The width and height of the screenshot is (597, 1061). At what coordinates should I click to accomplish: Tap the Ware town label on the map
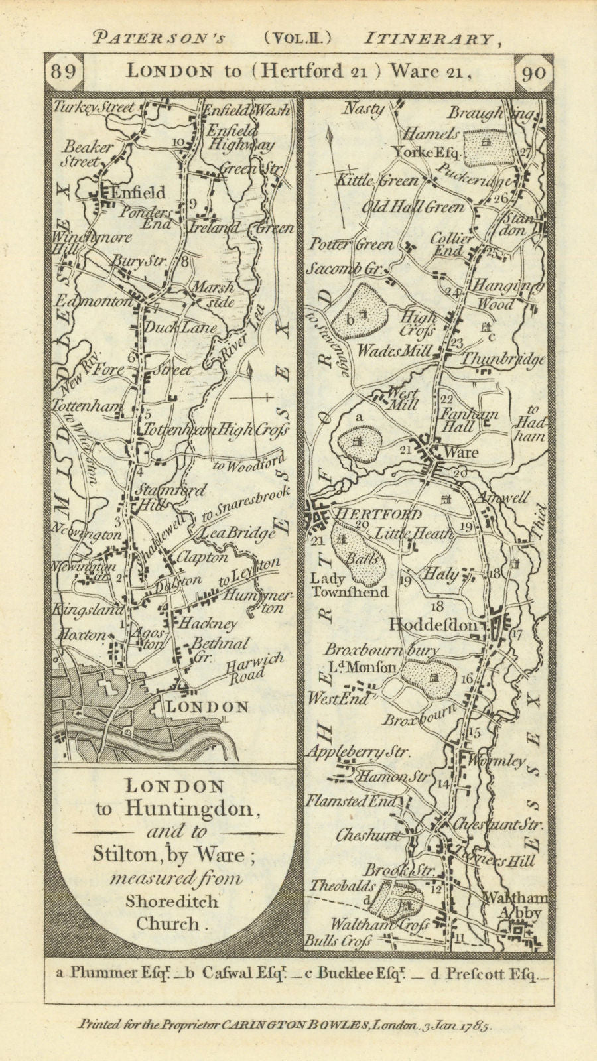463,452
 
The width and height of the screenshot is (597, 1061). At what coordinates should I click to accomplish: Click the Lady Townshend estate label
349,586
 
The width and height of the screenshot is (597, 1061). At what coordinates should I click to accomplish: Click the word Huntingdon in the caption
204,808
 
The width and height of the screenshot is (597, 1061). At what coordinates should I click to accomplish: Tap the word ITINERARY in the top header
428,39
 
